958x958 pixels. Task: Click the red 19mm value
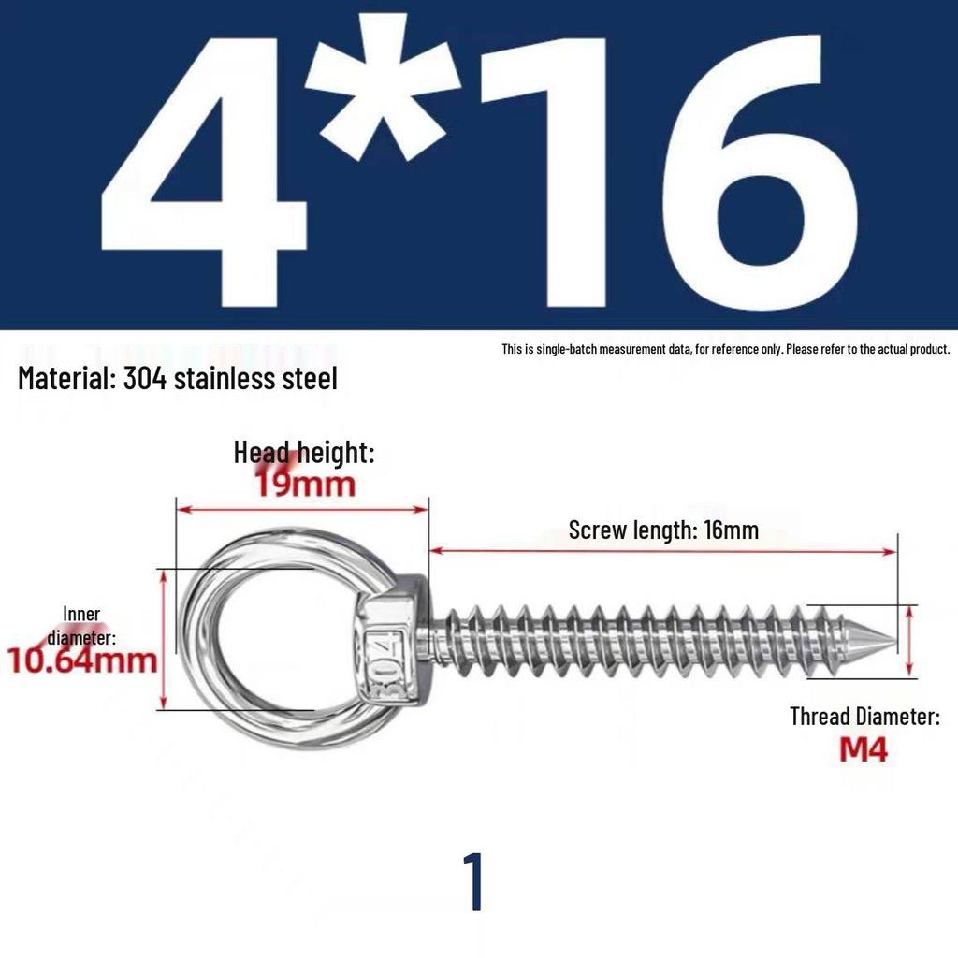305,484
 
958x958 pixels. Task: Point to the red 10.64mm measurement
82,660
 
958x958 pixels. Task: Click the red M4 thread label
863,749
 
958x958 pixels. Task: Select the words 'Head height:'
304,453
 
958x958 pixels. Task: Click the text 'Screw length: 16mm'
663,530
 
